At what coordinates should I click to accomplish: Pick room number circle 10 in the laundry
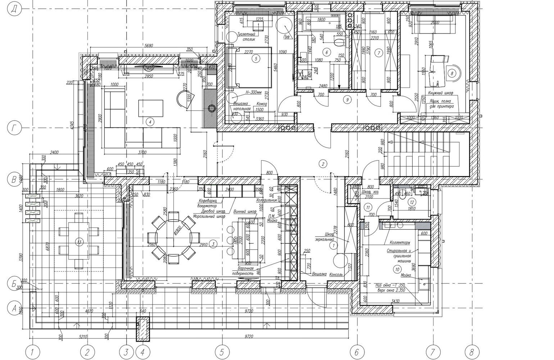coord(397,269)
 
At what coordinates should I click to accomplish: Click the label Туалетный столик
coord(246,37)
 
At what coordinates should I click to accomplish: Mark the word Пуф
coord(287,37)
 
